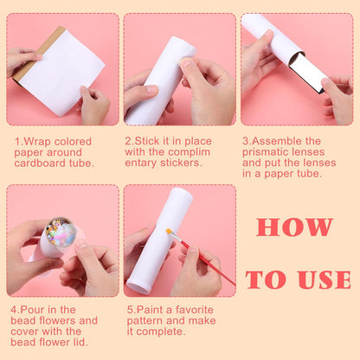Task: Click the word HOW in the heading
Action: [294, 227]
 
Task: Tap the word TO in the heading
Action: [266, 279]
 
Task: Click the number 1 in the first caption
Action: [17, 141]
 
